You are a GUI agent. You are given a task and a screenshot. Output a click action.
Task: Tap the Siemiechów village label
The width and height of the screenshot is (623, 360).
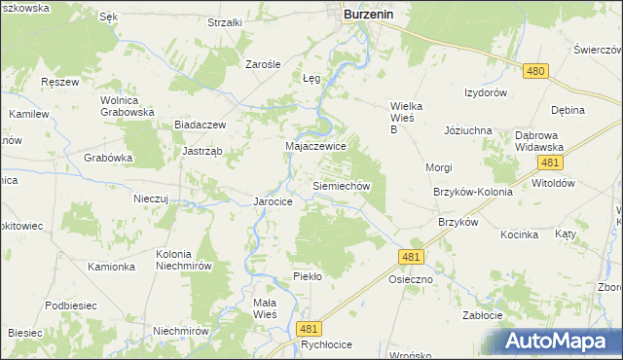tap(341, 184)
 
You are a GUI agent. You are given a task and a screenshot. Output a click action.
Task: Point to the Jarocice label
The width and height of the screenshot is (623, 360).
tap(273, 201)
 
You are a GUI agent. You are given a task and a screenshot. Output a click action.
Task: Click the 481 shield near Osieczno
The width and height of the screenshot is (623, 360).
tap(410, 255)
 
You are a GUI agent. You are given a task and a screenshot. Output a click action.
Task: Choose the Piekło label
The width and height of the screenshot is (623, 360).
tap(308, 276)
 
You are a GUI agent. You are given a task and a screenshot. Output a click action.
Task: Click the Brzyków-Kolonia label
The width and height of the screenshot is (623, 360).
tap(472, 192)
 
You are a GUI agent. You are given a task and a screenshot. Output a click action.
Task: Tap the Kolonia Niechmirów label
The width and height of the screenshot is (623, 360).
tap(185, 260)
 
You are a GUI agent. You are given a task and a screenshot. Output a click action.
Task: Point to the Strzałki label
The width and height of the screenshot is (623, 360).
tap(225, 21)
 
